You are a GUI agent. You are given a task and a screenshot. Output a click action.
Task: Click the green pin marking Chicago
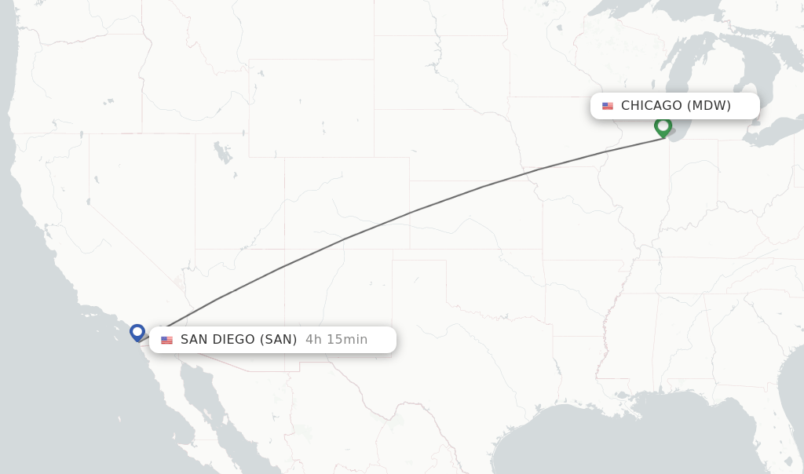pyautogui.click(x=663, y=126)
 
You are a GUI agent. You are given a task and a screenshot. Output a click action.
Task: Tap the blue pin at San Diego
pyautogui.click(x=137, y=332)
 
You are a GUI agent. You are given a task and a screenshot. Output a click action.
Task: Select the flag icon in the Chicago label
pyautogui.click(x=608, y=106)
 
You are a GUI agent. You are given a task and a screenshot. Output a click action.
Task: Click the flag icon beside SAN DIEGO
pyautogui.click(x=166, y=340)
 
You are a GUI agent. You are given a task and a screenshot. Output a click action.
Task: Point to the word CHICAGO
pyautogui.click(x=651, y=106)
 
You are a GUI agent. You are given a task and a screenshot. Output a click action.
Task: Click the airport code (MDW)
pyautogui.click(x=709, y=106)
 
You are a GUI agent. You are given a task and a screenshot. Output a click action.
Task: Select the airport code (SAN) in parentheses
pyautogui.click(x=279, y=340)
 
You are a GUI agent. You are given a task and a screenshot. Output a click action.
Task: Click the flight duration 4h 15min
pyautogui.click(x=336, y=340)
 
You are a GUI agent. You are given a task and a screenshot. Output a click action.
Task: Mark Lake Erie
pyautogui.click(x=773, y=133)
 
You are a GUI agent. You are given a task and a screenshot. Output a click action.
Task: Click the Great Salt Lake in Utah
pyautogui.click(x=223, y=151)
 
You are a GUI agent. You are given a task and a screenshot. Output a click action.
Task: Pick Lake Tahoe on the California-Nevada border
pyautogui.click(x=87, y=202)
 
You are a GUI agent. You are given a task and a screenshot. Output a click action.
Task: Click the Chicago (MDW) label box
pyautogui.click(x=674, y=106)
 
